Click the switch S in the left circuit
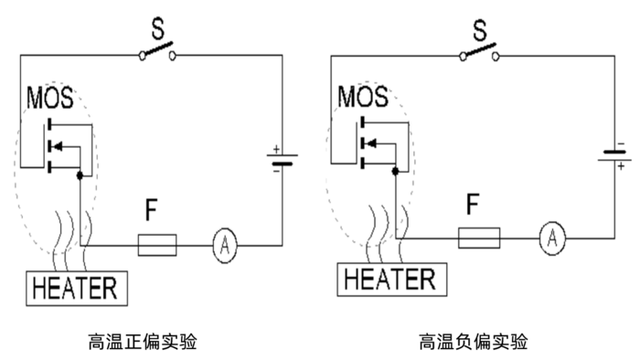pyautogui.click(x=157, y=51)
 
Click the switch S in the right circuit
pyautogui.click(x=476, y=50)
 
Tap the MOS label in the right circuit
pyautogui.click(x=362, y=95)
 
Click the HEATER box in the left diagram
pyautogui.click(x=75, y=288)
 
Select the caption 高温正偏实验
pyautogui.click(x=144, y=342)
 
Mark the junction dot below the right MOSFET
pyautogui.click(x=395, y=170)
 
